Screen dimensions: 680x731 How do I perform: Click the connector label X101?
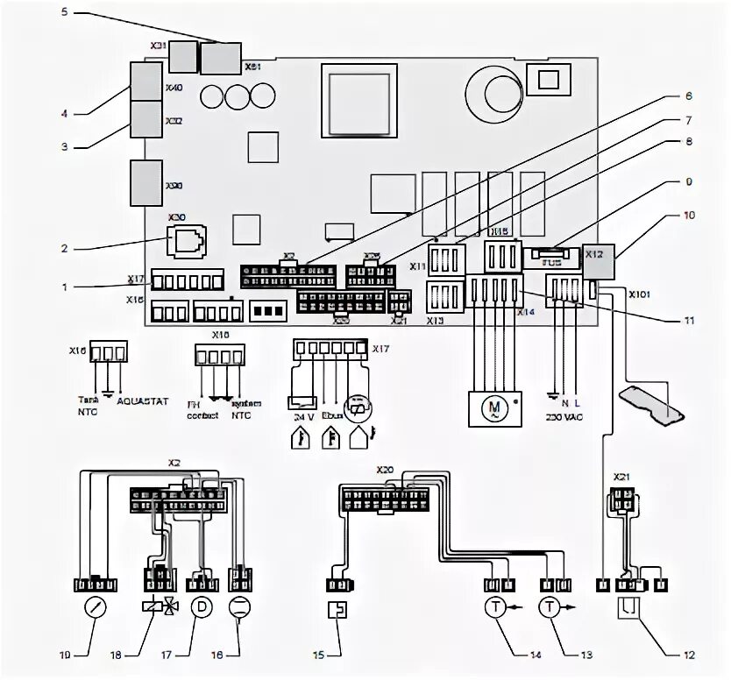coord(641,294)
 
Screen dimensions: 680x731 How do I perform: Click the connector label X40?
coord(174,88)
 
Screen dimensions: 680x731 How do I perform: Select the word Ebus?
coord(332,417)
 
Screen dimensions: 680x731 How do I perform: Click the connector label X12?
coord(593,253)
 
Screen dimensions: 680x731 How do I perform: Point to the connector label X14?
coord(526,312)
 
